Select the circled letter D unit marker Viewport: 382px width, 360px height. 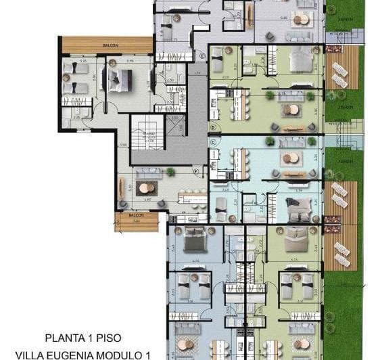pyautogui.click(x=213, y=127)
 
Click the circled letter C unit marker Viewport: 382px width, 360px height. pyautogui.click(x=213, y=142)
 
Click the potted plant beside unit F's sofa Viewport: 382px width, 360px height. pyautogui.click(x=170, y=172)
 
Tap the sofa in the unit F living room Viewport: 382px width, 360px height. pyautogui.click(x=147, y=175)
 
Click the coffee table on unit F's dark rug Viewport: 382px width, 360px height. pyautogui.click(x=146, y=189)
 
